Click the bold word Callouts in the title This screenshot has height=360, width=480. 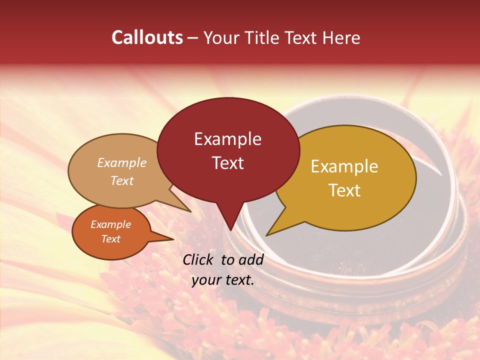(147, 37)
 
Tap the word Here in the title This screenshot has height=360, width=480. (340, 37)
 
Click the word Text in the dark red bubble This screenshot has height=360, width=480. (227, 162)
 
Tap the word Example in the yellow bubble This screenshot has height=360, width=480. (344, 166)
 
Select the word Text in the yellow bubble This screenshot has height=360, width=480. (344, 190)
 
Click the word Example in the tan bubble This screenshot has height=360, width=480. (122, 162)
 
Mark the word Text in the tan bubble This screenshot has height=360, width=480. (122, 180)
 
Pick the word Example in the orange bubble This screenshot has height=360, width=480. (110, 224)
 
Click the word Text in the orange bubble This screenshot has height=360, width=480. (110, 239)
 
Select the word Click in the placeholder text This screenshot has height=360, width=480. (198, 259)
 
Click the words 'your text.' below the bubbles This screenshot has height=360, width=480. (223, 280)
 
